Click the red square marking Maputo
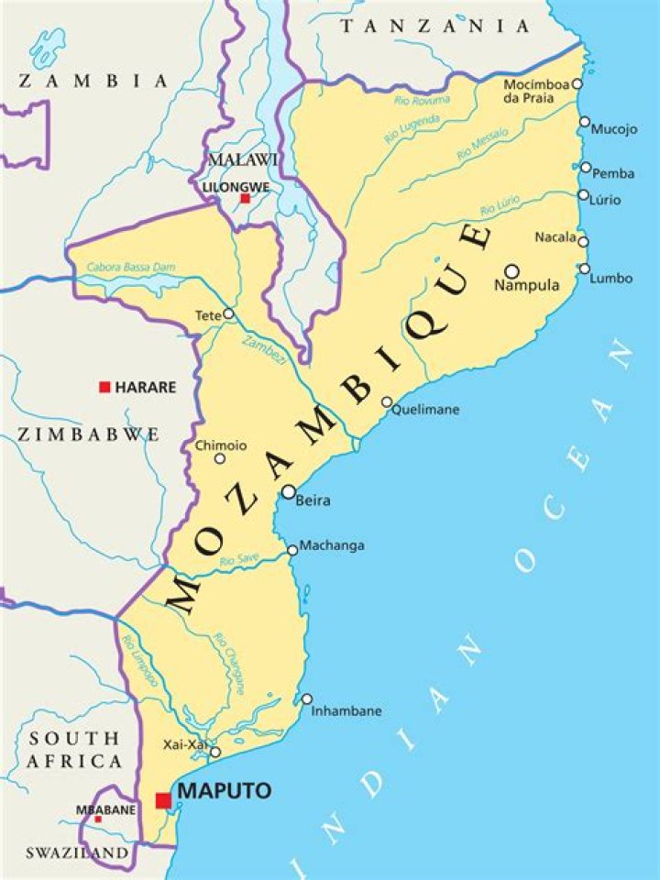pyautogui.click(x=163, y=800)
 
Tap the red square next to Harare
pyautogui.click(x=104, y=387)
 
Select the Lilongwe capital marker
pyautogui.click(x=245, y=198)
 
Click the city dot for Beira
pyautogui.click(x=288, y=492)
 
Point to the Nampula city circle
pyautogui.click(x=511, y=270)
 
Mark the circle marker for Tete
pyautogui.click(x=228, y=313)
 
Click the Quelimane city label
pyautogui.click(x=425, y=410)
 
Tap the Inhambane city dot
pyautogui.click(x=306, y=698)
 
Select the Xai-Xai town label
pyautogui.click(x=184, y=744)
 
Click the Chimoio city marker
pyautogui.click(x=219, y=458)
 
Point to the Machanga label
pyautogui.click(x=332, y=545)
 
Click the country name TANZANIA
pyautogui.click(x=434, y=27)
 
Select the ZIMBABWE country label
pyautogui.click(x=88, y=434)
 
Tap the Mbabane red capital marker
pyautogui.click(x=98, y=819)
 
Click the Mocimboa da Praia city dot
pyautogui.click(x=577, y=83)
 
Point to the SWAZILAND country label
pyautogui.click(x=76, y=852)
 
